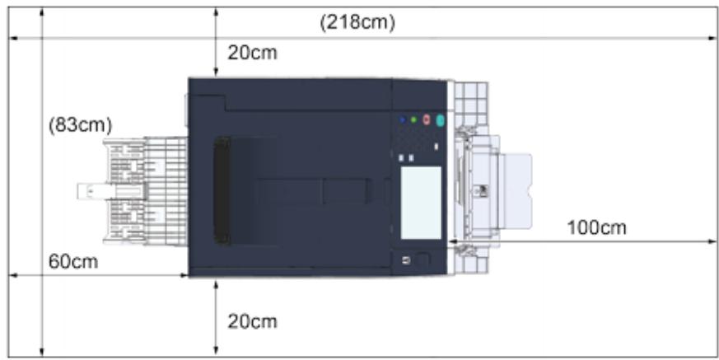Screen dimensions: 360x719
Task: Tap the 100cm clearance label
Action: coord(596,227)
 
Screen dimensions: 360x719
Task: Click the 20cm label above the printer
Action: coord(252,54)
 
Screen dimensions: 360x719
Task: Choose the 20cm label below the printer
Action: coord(252,321)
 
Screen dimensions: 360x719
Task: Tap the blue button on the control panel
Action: coord(403,119)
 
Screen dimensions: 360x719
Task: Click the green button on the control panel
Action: coord(413,119)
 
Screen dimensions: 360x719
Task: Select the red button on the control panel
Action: coord(427,119)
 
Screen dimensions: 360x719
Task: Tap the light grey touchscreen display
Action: coord(422,198)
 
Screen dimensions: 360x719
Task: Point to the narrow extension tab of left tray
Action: coord(90,192)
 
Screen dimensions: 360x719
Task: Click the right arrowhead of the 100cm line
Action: coord(713,241)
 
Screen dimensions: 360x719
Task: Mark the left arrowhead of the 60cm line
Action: coord(12,276)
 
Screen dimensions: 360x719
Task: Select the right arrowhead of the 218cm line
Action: coord(713,38)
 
